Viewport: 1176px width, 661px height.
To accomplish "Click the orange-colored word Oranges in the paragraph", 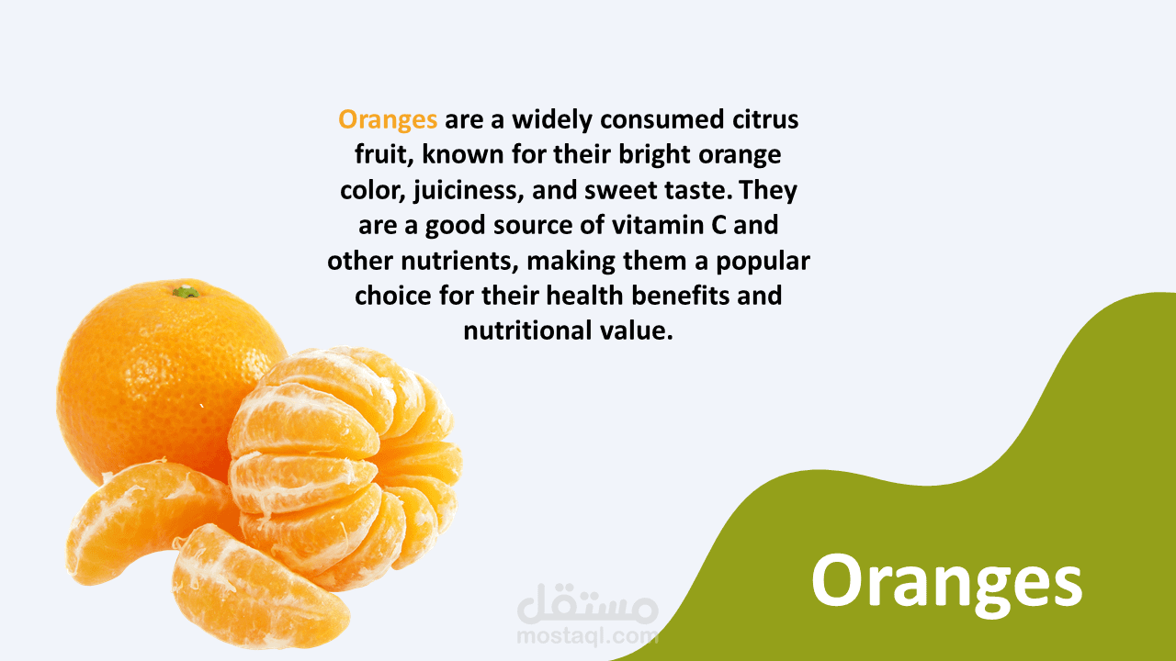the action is point(388,120).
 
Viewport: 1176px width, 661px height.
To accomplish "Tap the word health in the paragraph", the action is point(584,296).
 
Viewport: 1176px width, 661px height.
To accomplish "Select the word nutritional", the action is point(527,331).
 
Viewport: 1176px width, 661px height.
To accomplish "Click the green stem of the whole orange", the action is point(187,292).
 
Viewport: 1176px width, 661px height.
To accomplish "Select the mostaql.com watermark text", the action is point(587,636).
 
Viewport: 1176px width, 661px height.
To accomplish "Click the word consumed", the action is point(662,119).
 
